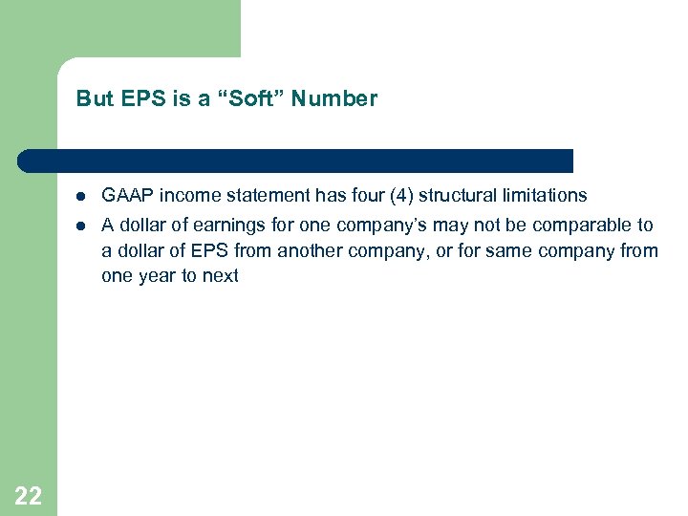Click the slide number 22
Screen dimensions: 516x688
coord(29,495)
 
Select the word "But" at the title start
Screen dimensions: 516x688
coord(94,98)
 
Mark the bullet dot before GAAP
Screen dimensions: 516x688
coord(83,196)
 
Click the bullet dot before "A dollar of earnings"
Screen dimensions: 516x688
coord(83,226)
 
